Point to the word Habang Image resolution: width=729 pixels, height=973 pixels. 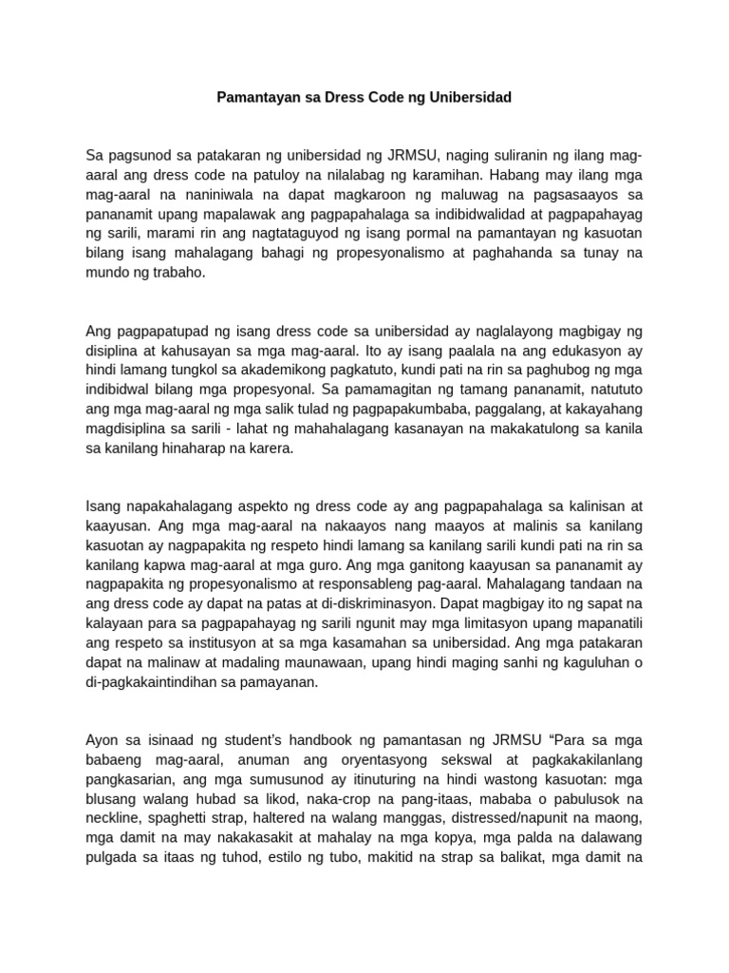(x=518, y=175)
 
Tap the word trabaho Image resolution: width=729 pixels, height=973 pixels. (x=179, y=273)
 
